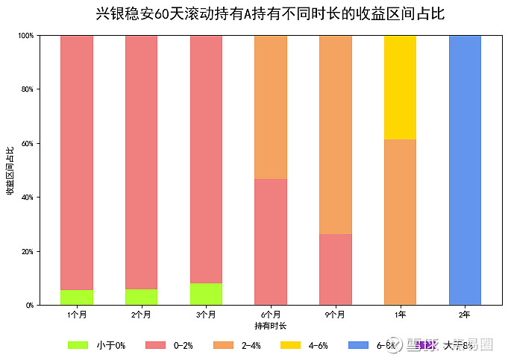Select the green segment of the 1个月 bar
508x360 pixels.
pyautogui.click(x=77, y=297)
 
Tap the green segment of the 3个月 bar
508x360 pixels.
pyautogui.click(x=206, y=294)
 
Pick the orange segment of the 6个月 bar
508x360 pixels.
pyautogui.click(x=271, y=107)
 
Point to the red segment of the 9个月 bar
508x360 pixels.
pyautogui.click(x=336, y=269)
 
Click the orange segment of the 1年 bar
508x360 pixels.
pyautogui.click(x=400, y=222)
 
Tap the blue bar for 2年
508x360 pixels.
pyautogui.click(x=465, y=170)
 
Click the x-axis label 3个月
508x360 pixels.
pyautogui.click(x=206, y=315)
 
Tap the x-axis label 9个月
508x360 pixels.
pyautogui.click(x=336, y=315)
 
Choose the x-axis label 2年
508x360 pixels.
pyautogui.click(x=465, y=315)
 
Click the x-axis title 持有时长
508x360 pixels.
pyautogui.click(x=270, y=326)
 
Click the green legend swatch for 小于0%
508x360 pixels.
pyautogui.click(x=78, y=345)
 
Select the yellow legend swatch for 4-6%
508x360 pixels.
pyautogui.click(x=290, y=345)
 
